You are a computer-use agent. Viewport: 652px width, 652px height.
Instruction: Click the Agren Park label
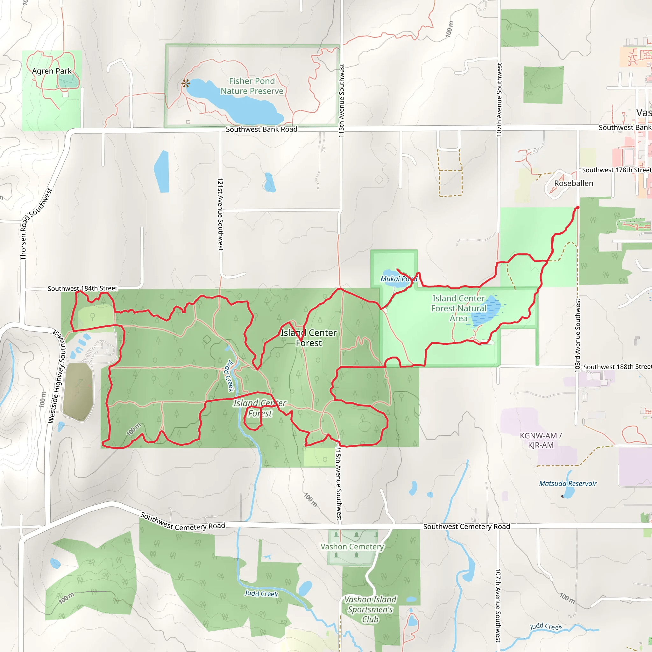52,71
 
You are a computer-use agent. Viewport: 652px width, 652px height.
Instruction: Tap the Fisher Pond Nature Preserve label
252,86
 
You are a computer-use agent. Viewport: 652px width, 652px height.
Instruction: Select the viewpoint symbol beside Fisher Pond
186,83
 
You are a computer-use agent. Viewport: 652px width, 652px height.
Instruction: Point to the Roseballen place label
573,183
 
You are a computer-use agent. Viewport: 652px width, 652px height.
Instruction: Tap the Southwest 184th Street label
82,288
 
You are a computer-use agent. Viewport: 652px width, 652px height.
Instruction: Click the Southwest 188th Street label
617,367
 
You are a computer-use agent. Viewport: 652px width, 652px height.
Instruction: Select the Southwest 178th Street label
617,170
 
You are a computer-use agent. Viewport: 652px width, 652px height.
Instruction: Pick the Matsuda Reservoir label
568,484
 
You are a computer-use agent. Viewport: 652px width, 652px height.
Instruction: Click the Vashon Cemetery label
352,547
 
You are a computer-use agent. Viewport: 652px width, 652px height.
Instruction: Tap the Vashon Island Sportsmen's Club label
370,609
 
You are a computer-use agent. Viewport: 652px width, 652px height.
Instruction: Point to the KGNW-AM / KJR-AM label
541,440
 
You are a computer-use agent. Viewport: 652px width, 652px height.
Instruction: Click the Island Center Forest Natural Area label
459,308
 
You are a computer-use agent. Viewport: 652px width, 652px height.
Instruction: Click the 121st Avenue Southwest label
220,214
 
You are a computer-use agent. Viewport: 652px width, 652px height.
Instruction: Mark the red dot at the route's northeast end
578,208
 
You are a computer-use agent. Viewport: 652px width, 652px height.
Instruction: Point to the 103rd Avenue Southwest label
578,336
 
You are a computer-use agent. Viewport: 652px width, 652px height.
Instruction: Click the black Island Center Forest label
309,338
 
